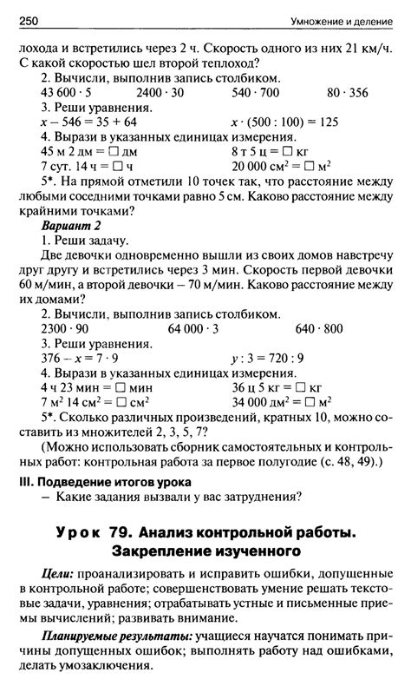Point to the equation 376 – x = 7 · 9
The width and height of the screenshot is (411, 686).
(x=80, y=359)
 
